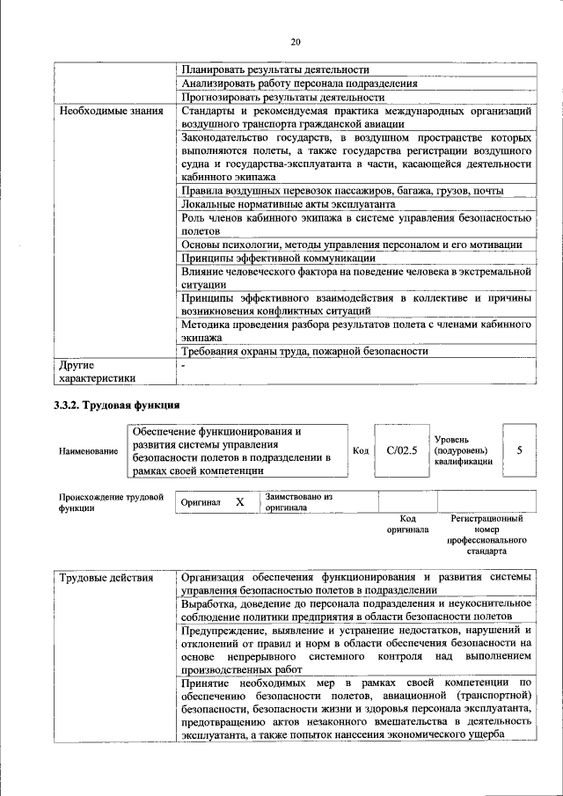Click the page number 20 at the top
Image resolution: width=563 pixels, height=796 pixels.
pos(296,41)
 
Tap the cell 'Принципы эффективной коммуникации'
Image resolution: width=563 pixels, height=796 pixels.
pos(279,258)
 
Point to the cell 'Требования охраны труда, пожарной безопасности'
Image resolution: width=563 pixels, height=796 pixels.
pos(305,350)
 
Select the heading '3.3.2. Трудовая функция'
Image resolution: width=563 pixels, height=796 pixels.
pos(117,405)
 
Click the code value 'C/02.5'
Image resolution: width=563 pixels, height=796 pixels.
pos(401,450)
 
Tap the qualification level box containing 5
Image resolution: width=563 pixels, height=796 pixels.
pos(519,449)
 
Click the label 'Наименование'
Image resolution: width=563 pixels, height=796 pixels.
pos(88,451)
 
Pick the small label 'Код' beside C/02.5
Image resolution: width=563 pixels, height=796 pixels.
pos(361,450)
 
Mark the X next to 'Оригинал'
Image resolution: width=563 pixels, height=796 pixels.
pos(238,501)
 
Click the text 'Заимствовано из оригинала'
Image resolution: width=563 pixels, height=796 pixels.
pos(299,502)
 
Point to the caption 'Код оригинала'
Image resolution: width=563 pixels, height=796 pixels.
pos(407,524)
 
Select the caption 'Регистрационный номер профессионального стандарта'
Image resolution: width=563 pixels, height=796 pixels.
pos(486,536)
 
